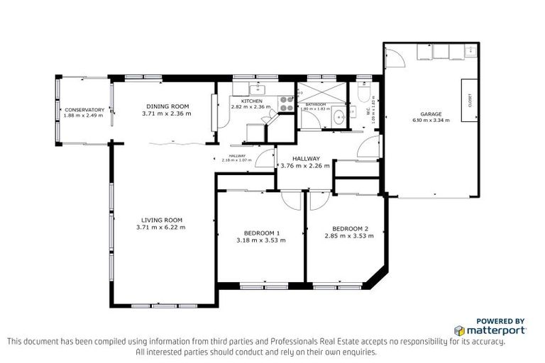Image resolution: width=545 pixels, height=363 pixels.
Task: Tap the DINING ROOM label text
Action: (x=163, y=106)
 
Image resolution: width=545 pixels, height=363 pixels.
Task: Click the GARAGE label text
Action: (x=431, y=113)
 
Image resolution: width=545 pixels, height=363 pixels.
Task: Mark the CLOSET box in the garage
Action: (x=469, y=101)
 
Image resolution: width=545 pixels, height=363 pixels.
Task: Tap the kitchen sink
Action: (x=258, y=89)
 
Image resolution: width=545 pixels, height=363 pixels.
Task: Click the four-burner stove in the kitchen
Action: (x=287, y=104)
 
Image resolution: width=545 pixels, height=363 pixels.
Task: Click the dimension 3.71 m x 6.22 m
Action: (x=161, y=228)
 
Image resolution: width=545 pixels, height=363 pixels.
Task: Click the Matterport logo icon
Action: (x=459, y=330)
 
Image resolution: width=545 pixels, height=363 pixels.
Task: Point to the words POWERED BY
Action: (x=500, y=320)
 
